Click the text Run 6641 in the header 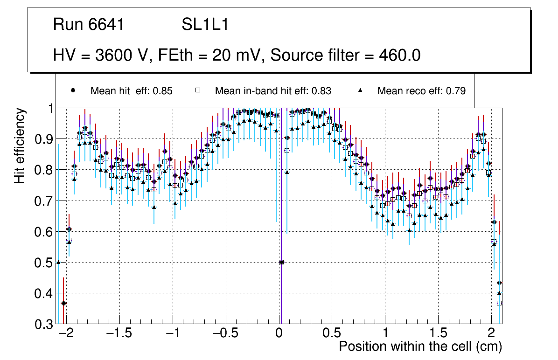[89, 25]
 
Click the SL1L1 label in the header [205, 25]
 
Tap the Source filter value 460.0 [400, 55]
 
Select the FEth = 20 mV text [209, 55]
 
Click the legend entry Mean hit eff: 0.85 [131, 91]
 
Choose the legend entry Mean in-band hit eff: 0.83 [273, 91]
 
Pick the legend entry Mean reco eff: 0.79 [421, 91]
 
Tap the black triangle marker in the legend [360, 91]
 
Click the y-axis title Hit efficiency [20, 145]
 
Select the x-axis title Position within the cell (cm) [420, 346]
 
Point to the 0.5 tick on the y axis [45, 263]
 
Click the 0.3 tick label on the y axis [45, 324]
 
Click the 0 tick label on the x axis [279, 334]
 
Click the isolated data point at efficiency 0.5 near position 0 [281, 262]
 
